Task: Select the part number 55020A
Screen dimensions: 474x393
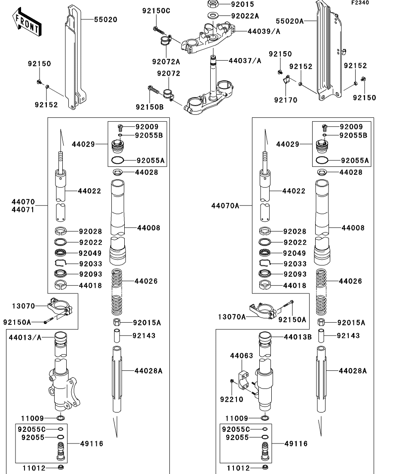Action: pos(290,20)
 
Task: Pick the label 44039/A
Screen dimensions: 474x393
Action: pos(264,31)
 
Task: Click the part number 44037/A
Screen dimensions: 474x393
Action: pos(245,61)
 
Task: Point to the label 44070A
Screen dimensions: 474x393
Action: pos(225,206)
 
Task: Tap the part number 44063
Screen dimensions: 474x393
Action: pos(242,356)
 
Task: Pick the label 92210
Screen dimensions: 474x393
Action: pos(232,399)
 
